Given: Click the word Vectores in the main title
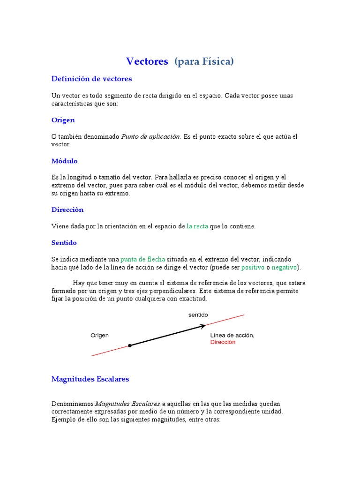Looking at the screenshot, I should (147, 61).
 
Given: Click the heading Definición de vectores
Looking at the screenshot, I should (91, 79).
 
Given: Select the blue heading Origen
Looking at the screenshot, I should (63, 120).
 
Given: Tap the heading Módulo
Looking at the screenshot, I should (64, 161).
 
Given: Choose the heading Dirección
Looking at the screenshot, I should (67, 210).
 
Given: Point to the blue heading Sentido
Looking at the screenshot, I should (64, 243).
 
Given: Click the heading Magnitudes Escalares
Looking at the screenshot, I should (90, 379).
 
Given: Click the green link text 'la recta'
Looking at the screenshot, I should (197, 226).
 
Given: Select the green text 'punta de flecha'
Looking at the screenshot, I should (142, 259).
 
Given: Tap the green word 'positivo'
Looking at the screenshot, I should (253, 268).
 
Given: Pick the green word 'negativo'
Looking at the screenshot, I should (285, 268).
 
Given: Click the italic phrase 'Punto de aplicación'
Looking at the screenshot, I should (151, 136).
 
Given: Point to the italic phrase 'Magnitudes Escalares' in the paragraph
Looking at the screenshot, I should (128, 403).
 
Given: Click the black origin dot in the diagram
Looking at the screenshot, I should (130, 345).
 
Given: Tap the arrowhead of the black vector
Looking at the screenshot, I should (203, 326).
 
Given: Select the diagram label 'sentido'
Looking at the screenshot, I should (198, 315).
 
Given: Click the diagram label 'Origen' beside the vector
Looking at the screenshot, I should (99, 335).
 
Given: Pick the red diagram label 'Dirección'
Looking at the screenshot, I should (223, 342).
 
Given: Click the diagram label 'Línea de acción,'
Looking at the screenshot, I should (232, 335).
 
